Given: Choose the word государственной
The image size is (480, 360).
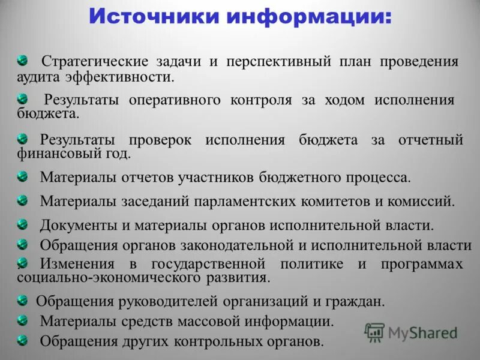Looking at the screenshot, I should coord(208,263).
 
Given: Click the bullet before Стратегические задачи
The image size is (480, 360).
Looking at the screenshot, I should coord(22,60).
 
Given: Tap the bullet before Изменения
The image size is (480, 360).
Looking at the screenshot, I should coord(22,262).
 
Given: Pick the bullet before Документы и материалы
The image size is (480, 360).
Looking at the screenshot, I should coord(22,224).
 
